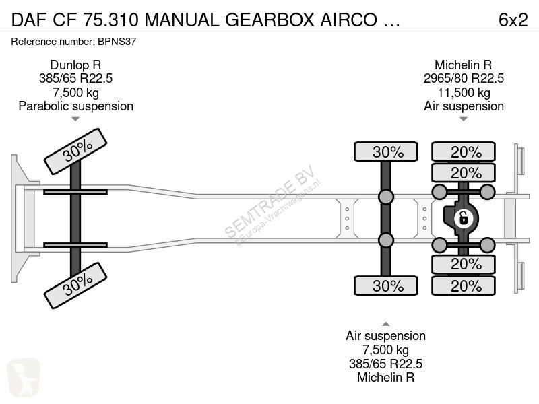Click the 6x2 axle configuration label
[513, 20]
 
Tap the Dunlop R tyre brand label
[75, 65]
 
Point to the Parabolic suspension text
[76, 106]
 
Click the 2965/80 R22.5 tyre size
[464, 79]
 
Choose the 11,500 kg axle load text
[464, 92]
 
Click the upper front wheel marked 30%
[75, 151]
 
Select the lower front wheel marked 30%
[75, 285]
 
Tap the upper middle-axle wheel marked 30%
[385, 151]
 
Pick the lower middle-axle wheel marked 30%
[385, 285]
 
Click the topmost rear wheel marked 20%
[464, 151]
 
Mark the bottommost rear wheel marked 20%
[464, 285]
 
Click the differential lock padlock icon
[463, 218]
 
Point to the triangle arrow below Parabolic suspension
[75, 119]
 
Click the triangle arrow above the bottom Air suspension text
[385, 324]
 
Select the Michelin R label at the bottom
[385, 377]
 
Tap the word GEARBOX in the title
[270, 20]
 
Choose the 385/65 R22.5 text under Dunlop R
[75, 79]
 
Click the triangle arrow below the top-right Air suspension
[464, 119]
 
